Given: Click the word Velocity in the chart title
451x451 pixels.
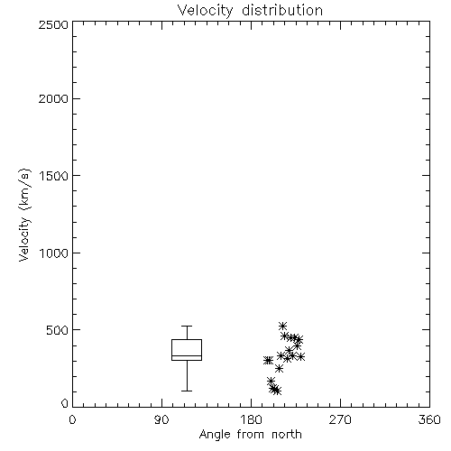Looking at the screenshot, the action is tap(206, 11).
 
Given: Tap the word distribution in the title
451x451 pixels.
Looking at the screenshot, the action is tap(282, 10).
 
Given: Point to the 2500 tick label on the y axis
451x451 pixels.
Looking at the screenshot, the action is tap(54, 24).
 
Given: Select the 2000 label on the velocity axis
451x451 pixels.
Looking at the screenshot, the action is tap(54, 99).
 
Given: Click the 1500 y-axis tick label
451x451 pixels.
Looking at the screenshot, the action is tap(54, 176).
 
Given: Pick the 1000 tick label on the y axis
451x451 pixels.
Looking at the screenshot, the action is tap(54, 253).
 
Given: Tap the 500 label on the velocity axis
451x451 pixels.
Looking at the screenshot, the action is tap(58, 330).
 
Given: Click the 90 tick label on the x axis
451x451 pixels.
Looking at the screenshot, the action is tap(161, 419).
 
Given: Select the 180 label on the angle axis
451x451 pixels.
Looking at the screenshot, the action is tap(251, 419).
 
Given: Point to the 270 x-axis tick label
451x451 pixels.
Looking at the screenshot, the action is tap(340, 419).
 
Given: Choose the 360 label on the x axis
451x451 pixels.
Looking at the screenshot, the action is tap(429, 419).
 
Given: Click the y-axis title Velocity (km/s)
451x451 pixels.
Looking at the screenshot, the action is tap(24, 215).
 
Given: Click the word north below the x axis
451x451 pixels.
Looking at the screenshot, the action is tap(287, 434).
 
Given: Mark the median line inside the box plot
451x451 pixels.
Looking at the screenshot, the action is tap(187, 355).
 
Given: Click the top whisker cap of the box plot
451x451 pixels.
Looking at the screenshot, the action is tap(187, 326).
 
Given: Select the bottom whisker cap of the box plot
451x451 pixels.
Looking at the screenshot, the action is tap(187, 391).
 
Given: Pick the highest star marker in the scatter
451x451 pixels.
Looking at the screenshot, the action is tap(282, 326).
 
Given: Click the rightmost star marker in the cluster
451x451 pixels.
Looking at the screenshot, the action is tap(301, 357).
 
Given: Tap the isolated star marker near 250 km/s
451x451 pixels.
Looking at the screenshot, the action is tap(279, 369).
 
